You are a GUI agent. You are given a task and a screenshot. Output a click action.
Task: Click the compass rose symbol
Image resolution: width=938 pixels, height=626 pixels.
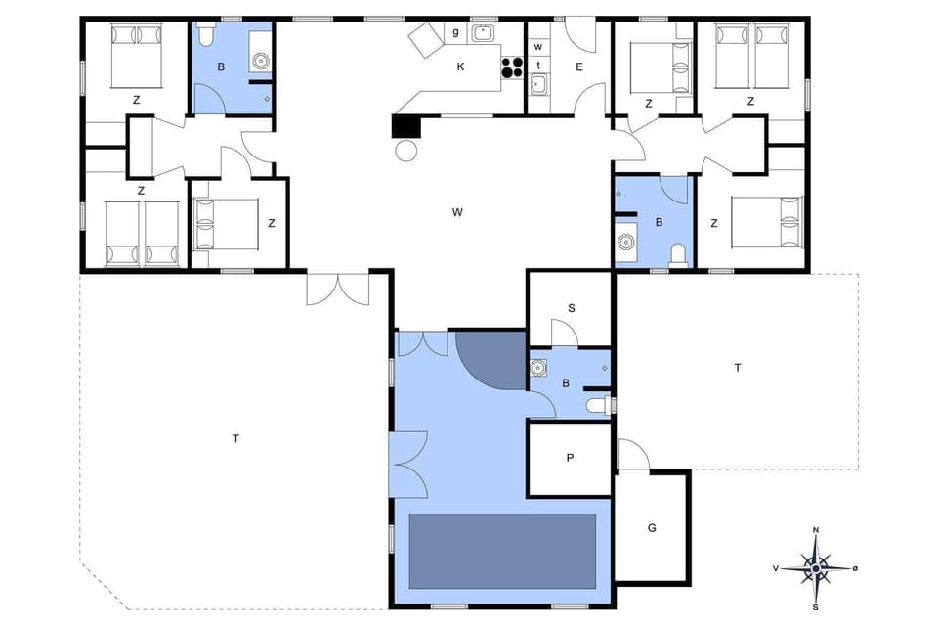coord(815,566)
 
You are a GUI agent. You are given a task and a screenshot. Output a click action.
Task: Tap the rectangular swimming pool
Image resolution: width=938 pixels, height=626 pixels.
coord(502,551)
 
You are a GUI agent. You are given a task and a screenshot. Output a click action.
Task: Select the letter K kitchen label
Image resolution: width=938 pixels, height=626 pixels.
coord(460,67)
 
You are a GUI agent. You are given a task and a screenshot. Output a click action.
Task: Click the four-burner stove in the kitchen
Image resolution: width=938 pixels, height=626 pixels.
coord(513,67)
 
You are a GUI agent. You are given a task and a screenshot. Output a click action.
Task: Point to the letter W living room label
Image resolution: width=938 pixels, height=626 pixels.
coord(456,211)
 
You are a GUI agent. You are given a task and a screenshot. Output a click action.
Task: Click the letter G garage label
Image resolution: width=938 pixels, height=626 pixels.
coord(652,528)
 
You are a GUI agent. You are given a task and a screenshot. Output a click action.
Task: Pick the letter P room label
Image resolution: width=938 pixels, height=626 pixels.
coord(570,457)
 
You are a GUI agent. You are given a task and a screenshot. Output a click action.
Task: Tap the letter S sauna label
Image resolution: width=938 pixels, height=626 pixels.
coord(571,307)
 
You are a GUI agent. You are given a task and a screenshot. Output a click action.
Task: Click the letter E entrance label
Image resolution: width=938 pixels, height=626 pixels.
coord(578,67)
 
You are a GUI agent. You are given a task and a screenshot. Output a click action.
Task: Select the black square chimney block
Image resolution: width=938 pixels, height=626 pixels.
coord(404,126)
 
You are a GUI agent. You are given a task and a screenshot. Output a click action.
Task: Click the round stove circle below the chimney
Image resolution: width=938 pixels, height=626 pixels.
coord(405,150)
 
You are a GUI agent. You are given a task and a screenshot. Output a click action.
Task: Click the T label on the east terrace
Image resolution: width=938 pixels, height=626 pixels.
coord(738,367)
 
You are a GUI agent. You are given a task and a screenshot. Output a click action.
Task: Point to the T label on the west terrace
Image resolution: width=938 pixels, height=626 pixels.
coord(235,438)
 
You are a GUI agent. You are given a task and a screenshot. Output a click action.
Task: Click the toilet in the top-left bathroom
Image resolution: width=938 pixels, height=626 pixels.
coord(205,36)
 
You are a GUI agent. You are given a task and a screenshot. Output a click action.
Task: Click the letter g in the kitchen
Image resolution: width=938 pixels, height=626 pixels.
coord(455,32)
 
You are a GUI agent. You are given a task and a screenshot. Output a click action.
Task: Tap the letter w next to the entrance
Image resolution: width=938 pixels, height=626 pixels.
coord(537,46)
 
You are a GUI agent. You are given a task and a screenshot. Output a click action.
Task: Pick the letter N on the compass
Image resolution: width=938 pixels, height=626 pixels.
coord(815,531)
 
